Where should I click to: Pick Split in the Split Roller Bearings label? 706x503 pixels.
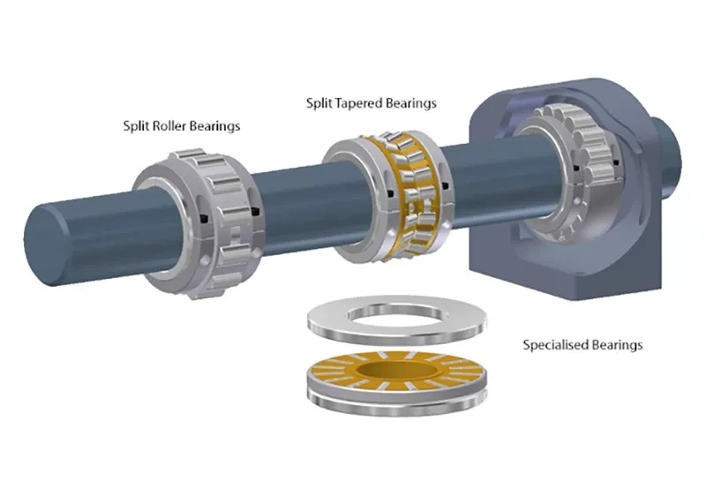pyautogui.click(x=137, y=126)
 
